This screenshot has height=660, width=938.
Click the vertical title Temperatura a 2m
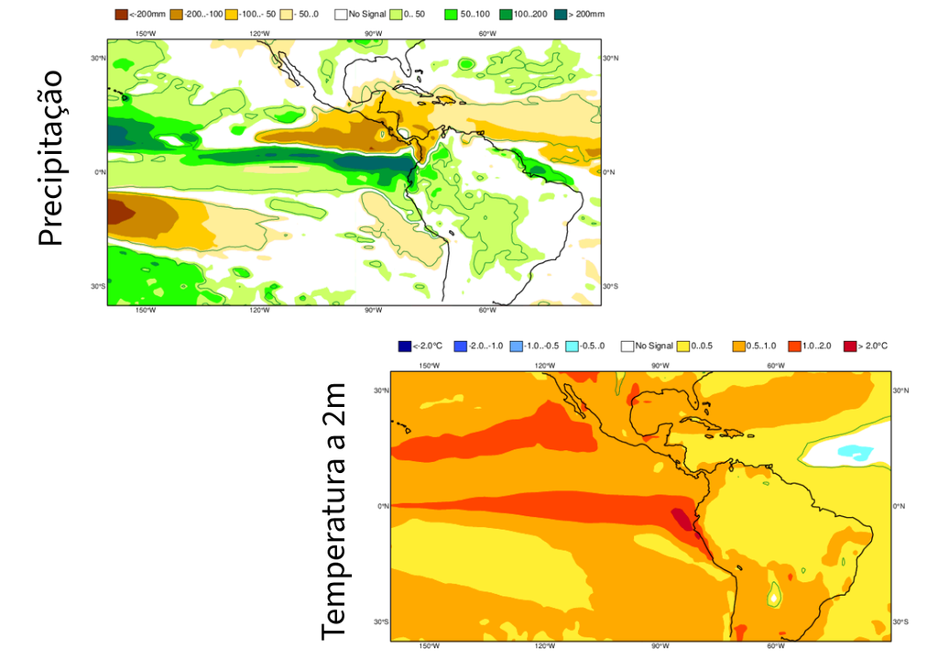pos(335,511)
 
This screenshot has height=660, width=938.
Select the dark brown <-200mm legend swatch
pos(121,15)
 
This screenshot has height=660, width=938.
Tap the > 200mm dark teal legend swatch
pos(561,15)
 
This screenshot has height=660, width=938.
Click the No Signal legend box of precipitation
pos(341,15)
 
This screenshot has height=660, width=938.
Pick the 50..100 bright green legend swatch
pos(450,15)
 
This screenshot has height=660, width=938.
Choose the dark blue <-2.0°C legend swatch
pos(404,346)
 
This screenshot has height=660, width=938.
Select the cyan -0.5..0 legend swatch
pos(572,346)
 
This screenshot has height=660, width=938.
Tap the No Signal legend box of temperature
pos(627,346)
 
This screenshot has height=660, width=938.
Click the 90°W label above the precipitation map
pos(373,34)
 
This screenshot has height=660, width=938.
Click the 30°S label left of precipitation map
pos(98,286)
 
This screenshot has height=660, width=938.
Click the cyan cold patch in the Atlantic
pos(855,452)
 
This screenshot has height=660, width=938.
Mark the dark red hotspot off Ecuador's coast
pos(683,521)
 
